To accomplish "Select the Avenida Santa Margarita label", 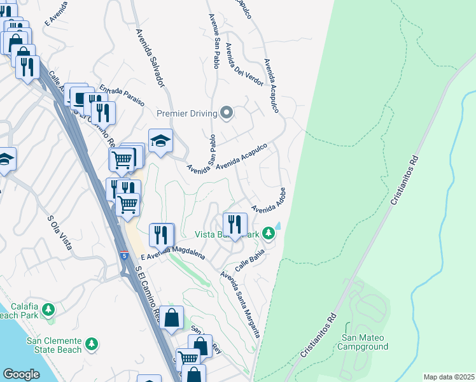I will pyautogui.click(x=241, y=304).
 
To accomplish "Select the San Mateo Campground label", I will pyautogui.click(x=365, y=342).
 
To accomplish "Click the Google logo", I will pyautogui.click(x=22, y=374).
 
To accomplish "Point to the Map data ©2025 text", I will pyautogui.click(x=449, y=377).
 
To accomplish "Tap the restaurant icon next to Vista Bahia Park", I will pyautogui.click(x=234, y=224).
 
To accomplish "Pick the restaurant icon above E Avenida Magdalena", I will pyautogui.click(x=162, y=234).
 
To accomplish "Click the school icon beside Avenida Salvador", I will pyautogui.click(x=161, y=140).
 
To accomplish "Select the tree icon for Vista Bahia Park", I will pyautogui.click(x=269, y=234).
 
